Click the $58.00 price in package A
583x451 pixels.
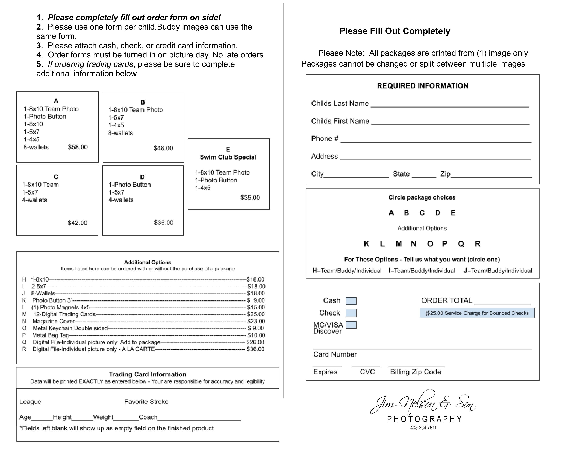pos(78,147)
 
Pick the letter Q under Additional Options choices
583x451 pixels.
pos(461,244)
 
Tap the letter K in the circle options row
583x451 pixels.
pos(367,244)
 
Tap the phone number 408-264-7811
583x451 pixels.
pos(423,428)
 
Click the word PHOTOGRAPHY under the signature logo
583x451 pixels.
pos(424,419)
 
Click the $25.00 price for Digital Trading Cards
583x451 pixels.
pos(256,314)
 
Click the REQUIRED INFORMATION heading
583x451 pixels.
pos(423,86)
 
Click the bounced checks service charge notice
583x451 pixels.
pos(477,313)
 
